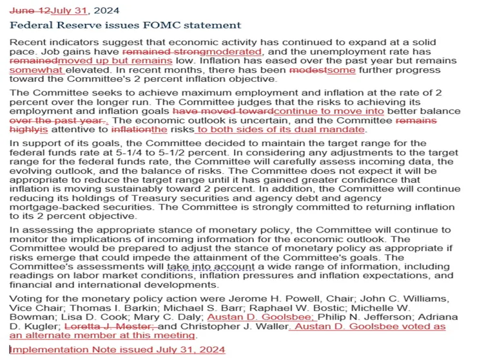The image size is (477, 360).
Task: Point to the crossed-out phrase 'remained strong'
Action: point(159,52)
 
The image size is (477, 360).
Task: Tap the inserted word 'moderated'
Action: point(229,52)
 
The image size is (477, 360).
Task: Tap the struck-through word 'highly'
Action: point(24,129)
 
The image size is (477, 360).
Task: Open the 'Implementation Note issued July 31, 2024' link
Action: point(117,349)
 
